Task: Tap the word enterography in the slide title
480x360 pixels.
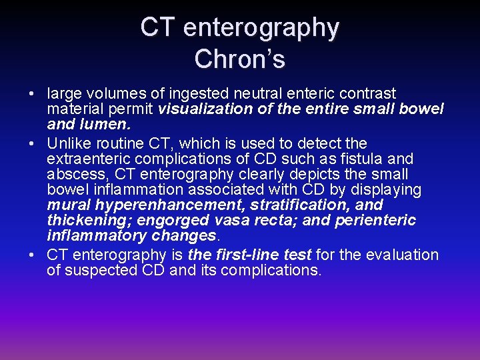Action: tap(261, 27)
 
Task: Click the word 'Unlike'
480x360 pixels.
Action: tap(69, 143)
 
